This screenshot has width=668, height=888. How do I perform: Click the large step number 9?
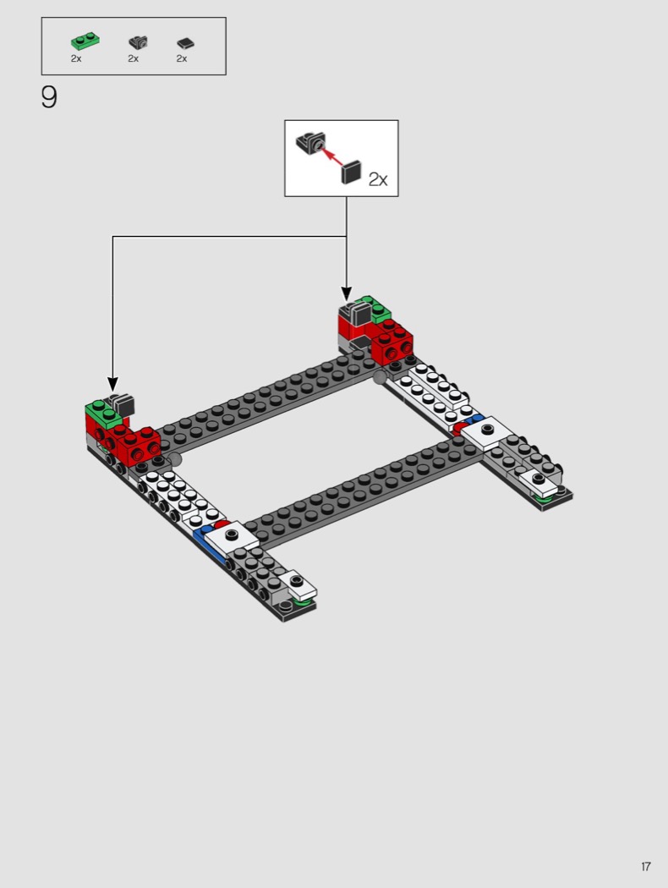point(49,98)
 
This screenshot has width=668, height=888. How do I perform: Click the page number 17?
point(645,866)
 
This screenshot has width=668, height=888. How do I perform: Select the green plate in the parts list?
point(84,41)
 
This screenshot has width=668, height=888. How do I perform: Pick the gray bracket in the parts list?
point(137,41)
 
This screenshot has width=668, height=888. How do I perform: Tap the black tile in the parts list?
point(186,43)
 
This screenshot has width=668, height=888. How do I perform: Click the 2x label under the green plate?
point(76,58)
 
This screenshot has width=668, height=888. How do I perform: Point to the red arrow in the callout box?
point(334,157)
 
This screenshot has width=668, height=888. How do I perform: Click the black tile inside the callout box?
point(351,173)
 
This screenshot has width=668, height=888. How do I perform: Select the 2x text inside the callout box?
point(377,178)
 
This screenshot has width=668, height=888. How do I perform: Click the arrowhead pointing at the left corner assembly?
point(112,385)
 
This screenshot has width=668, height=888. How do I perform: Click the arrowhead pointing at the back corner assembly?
point(346,292)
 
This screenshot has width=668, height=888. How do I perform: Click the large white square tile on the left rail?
point(232,535)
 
